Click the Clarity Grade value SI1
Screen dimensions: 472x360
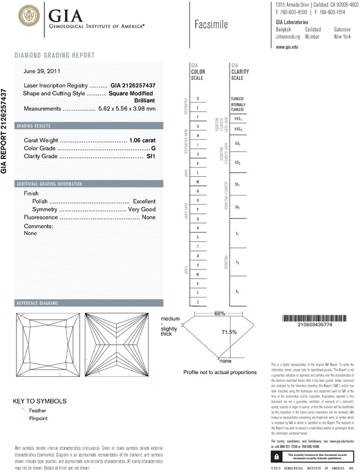click(x=151, y=156)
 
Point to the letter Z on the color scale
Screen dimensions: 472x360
click(x=198, y=301)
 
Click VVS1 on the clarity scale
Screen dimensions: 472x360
click(x=238, y=119)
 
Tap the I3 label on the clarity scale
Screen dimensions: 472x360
click(x=237, y=291)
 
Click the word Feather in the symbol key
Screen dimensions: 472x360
click(x=38, y=410)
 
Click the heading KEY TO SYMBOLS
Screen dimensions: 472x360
click(x=40, y=401)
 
